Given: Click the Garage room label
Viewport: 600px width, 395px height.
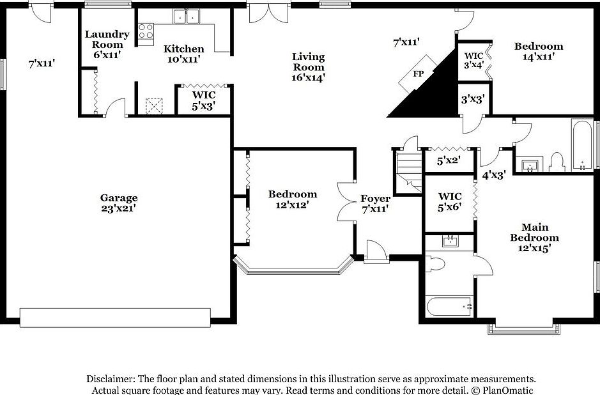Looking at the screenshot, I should [x=118, y=198].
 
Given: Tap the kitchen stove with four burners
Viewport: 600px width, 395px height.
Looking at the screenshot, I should [x=146, y=31].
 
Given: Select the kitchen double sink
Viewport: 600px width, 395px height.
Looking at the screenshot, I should [x=187, y=17].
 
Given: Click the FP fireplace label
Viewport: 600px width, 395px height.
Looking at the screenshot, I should [x=419, y=74].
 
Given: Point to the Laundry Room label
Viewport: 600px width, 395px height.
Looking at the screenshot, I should [x=107, y=39].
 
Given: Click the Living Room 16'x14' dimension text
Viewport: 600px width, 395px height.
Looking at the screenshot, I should [x=309, y=78].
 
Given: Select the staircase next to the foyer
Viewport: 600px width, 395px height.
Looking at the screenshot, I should [x=408, y=171].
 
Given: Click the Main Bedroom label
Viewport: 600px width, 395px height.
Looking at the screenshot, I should [x=535, y=233].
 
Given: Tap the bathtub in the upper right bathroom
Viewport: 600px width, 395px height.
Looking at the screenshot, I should [x=581, y=145].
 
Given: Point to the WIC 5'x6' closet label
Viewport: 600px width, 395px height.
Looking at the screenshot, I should [x=450, y=201].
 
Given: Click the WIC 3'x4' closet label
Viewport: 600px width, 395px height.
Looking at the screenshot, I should [x=473, y=59].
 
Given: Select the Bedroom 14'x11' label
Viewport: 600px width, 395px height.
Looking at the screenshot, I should [x=539, y=50].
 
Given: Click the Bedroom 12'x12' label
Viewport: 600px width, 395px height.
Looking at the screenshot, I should [x=292, y=199].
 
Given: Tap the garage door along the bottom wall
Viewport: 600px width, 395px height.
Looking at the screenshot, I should [x=115, y=317].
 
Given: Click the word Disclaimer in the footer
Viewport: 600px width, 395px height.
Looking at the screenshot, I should [x=109, y=379].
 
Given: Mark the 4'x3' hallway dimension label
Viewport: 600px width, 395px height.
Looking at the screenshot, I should [x=494, y=174].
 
